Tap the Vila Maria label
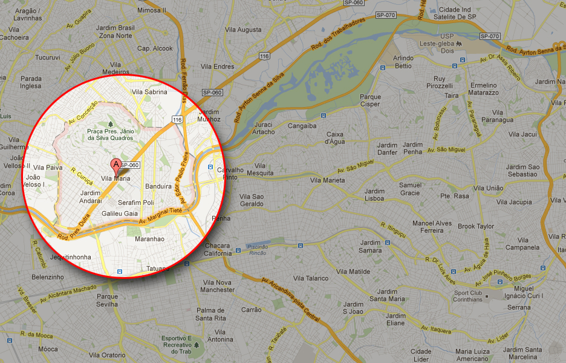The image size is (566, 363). coord(115,178)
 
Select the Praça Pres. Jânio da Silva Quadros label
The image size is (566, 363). coord(109,134)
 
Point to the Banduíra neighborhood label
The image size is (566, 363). coord(158,186)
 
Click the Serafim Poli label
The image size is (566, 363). coord(136,202)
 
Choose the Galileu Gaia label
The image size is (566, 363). coord(120,214)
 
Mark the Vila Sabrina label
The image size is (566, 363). coord(149,92)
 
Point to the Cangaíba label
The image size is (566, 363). coord(302,126)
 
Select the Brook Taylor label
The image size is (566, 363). coord(476,226)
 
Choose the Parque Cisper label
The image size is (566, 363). coord(370,100)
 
